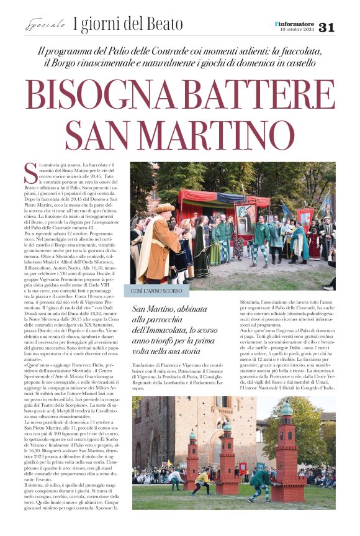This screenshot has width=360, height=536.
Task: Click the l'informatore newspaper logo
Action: tap(296, 22)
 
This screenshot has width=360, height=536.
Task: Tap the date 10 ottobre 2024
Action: tap(297, 29)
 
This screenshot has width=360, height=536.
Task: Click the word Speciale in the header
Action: tap(45, 25)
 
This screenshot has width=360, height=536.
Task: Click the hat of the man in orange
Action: tap(164, 208)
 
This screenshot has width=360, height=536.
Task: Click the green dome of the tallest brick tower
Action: tap(286, 408)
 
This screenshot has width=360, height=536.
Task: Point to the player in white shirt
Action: tap(176, 478)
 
